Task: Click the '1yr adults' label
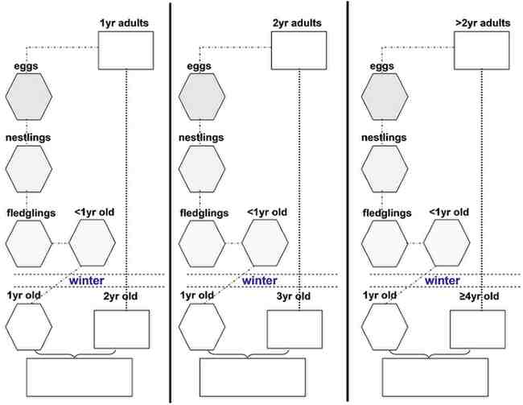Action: pyautogui.click(x=124, y=23)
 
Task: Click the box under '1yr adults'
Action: pyautogui.click(x=126, y=52)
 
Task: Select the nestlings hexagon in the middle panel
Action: pyautogui.click(x=202, y=168)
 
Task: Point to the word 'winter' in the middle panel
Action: pyautogui.click(x=260, y=281)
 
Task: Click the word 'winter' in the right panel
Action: pyautogui.click(x=443, y=281)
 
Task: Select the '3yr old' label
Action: pyautogui.click(x=294, y=297)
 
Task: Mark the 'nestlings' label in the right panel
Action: pyautogui.click(x=385, y=138)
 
